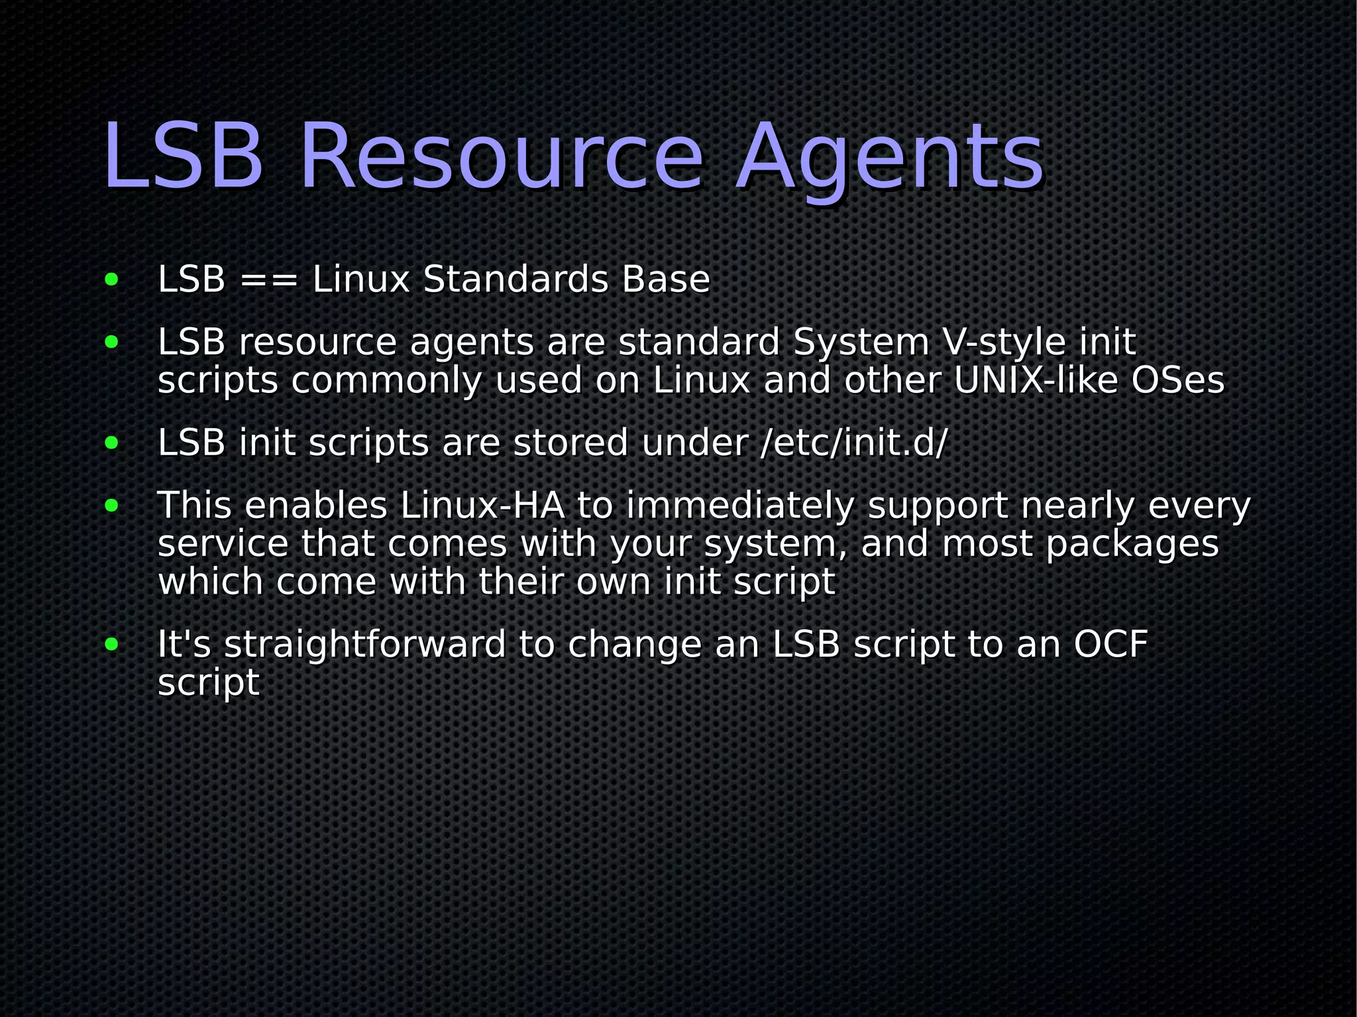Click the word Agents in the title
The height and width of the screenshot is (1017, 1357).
(890, 159)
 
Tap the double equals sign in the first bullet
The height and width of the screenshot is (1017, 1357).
(268, 280)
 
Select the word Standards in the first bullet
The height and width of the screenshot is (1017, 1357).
(515, 279)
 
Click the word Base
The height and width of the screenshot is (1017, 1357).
(665, 279)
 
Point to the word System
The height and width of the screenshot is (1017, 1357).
(861, 343)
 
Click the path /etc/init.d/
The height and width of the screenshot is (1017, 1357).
(854, 443)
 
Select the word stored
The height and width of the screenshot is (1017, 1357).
(570, 443)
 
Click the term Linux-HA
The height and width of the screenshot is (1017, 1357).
(482, 506)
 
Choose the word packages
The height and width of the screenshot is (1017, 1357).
(1132, 544)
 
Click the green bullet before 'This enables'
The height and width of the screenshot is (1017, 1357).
(111, 506)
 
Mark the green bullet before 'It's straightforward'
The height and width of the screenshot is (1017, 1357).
(111, 644)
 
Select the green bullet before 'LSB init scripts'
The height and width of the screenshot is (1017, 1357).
(111, 443)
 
